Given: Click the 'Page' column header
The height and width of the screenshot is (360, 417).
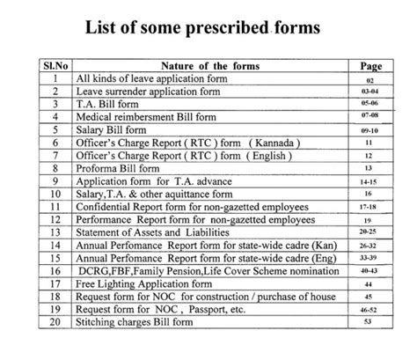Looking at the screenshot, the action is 370,65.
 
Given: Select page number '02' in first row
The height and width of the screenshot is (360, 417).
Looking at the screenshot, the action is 370,78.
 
